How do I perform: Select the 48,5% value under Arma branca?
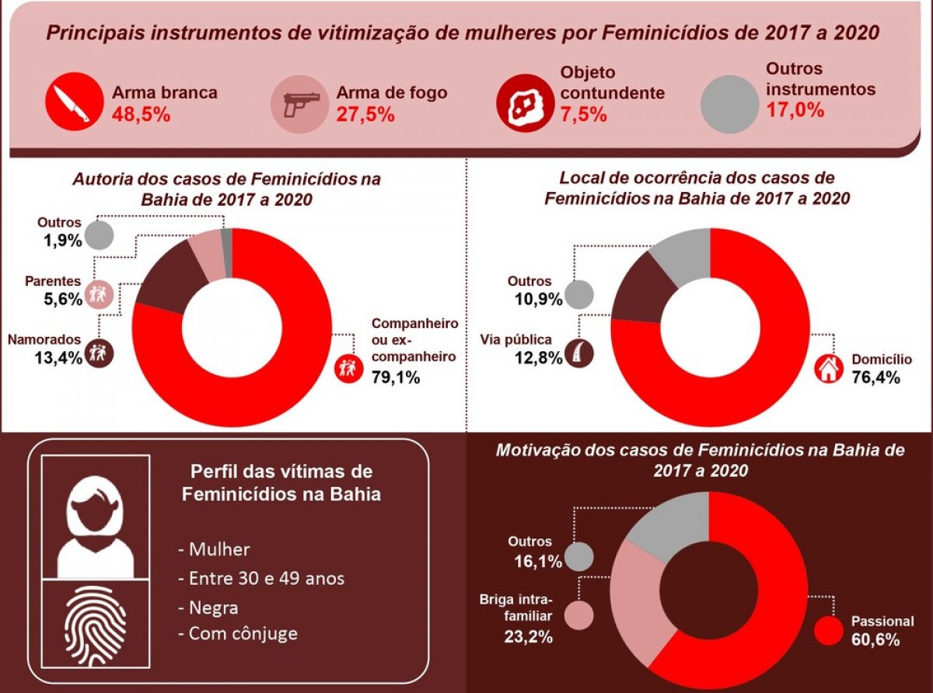coord(141,114)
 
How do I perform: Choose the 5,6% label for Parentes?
coord(62,299)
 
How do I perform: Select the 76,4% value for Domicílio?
coord(875,378)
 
